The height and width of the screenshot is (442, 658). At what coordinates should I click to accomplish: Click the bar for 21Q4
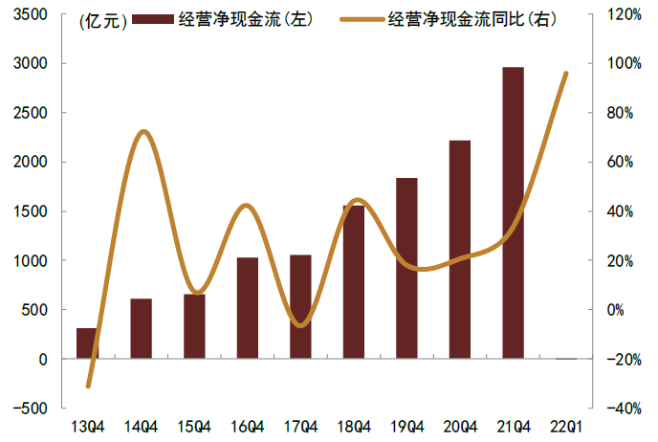[513, 212]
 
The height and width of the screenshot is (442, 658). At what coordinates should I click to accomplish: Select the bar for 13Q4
[87, 343]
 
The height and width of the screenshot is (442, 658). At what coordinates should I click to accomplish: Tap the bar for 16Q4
[247, 308]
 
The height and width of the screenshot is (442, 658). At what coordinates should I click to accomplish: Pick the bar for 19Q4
[406, 268]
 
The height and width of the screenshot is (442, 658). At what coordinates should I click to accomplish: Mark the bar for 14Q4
[141, 328]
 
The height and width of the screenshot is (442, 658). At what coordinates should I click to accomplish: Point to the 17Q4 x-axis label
[300, 423]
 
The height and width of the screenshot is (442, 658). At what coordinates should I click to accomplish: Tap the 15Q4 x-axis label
[194, 423]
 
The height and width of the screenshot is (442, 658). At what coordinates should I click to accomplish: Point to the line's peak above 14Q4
[143, 131]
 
